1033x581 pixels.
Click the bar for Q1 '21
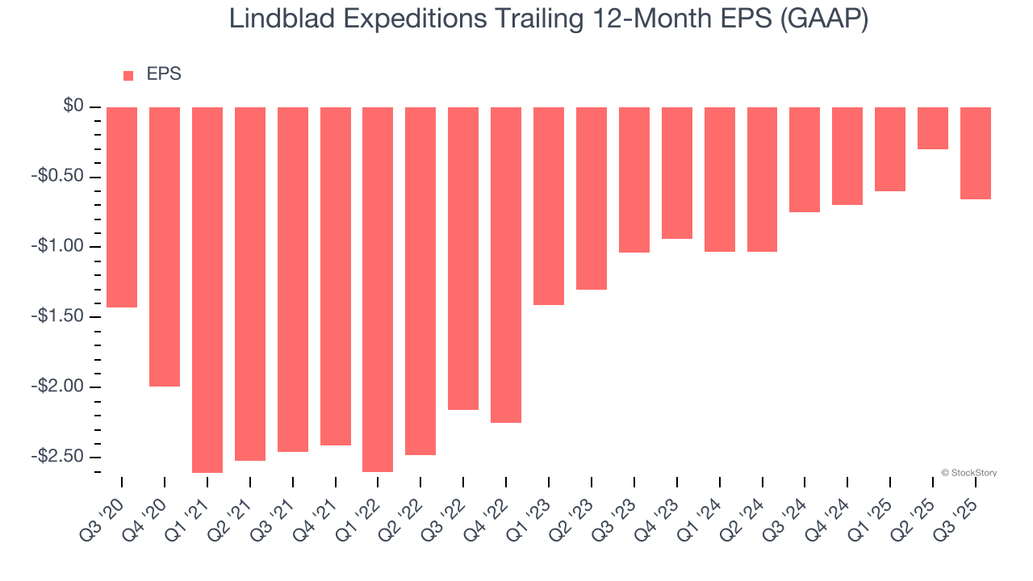[207, 290]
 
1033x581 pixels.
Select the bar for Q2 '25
[933, 128]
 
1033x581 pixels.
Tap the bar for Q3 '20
[122, 207]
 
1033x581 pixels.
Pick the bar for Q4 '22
[506, 265]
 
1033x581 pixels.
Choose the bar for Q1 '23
[549, 206]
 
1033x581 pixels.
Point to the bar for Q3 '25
[976, 153]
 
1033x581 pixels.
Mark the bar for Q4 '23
[677, 173]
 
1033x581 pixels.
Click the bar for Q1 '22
[378, 289]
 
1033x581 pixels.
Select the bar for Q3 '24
[805, 160]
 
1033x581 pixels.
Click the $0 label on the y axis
[73, 107]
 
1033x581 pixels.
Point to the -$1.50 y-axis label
[59, 316]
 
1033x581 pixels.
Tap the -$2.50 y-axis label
[59, 456]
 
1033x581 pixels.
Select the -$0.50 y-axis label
[59, 177]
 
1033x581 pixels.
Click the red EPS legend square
[128, 76]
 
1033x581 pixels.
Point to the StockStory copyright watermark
[969, 473]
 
